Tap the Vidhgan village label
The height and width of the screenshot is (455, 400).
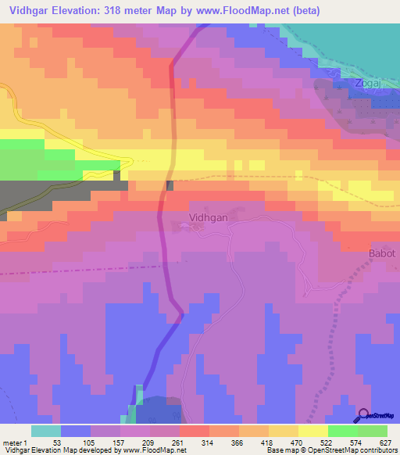208,219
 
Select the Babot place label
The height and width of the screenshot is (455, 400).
382,254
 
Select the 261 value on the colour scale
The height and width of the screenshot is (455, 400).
180,442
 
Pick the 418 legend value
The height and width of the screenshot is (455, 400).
268,442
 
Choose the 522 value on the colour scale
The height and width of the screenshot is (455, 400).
327,442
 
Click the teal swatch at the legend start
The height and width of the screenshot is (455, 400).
45,431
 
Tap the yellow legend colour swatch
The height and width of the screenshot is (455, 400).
312,431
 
